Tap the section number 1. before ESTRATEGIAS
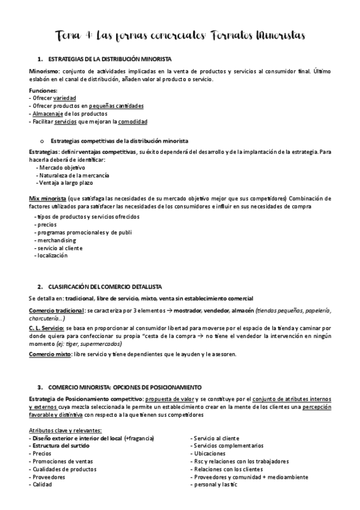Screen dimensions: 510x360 click(x=40, y=59)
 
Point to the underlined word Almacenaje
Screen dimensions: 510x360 click(x=44, y=113)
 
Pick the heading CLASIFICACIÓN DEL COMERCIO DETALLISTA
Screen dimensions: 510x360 click(x=104, y=286)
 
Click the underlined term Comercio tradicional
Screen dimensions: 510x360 click(x=56, y=310)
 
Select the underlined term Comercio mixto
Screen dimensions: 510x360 click(x=49, y=354)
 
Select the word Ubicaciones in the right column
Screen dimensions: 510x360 click(x=209, y=453)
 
